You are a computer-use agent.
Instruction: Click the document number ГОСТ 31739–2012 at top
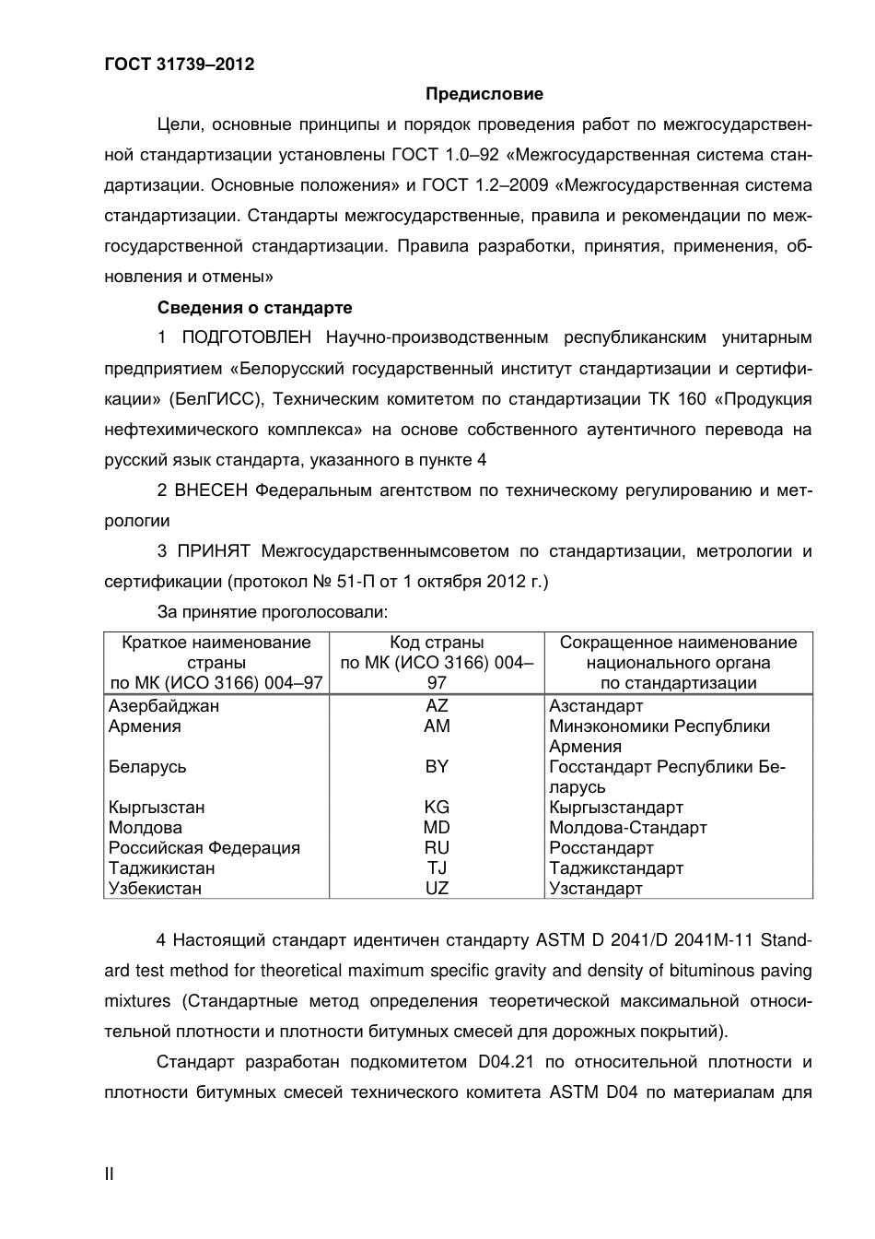[179, 65]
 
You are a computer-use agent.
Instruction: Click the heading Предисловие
[484, 94]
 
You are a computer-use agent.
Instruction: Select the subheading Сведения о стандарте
[254, 308]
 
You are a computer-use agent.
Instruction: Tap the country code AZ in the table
[437, 706]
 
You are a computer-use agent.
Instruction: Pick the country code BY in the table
[437, 767]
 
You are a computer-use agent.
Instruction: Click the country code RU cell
[437, 848]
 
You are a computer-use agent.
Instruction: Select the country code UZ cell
[437, 889]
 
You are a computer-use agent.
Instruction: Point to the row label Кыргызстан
[157, 808]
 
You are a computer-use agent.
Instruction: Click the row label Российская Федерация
[204, 848]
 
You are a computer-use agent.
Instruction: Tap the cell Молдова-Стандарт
[628, 828]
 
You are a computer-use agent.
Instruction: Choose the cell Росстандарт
[601, 848]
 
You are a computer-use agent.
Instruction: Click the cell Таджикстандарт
[616, 868]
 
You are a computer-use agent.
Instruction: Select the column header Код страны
[437, 643]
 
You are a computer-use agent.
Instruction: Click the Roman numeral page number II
[109, 1174]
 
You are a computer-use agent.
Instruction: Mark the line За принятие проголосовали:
[272, 611]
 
